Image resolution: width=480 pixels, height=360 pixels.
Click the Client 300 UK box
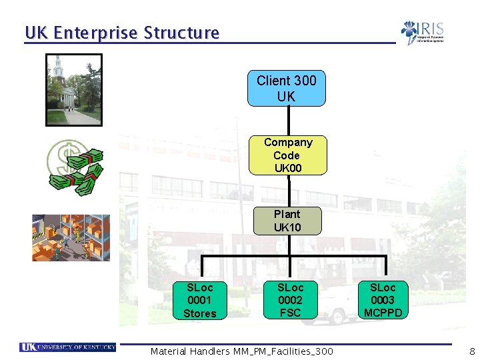287,88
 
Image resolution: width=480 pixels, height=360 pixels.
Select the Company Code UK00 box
287,155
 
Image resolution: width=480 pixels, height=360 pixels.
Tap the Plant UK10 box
287,221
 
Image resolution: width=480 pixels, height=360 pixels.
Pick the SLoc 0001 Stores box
200,300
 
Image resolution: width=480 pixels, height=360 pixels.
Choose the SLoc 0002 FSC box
290,300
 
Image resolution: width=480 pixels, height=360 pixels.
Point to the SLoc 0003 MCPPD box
383,300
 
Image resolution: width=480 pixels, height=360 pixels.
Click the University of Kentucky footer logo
68,347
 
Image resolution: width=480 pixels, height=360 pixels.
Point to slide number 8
472,351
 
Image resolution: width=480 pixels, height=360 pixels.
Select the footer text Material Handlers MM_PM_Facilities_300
241,351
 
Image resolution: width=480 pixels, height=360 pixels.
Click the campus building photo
73,90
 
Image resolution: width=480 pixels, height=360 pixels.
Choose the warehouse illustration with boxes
71,237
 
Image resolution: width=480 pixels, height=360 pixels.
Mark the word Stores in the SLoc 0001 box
200,313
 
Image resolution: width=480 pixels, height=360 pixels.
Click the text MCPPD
383,313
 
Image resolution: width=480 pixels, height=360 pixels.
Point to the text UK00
288,168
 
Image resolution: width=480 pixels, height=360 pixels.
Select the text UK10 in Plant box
287,227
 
